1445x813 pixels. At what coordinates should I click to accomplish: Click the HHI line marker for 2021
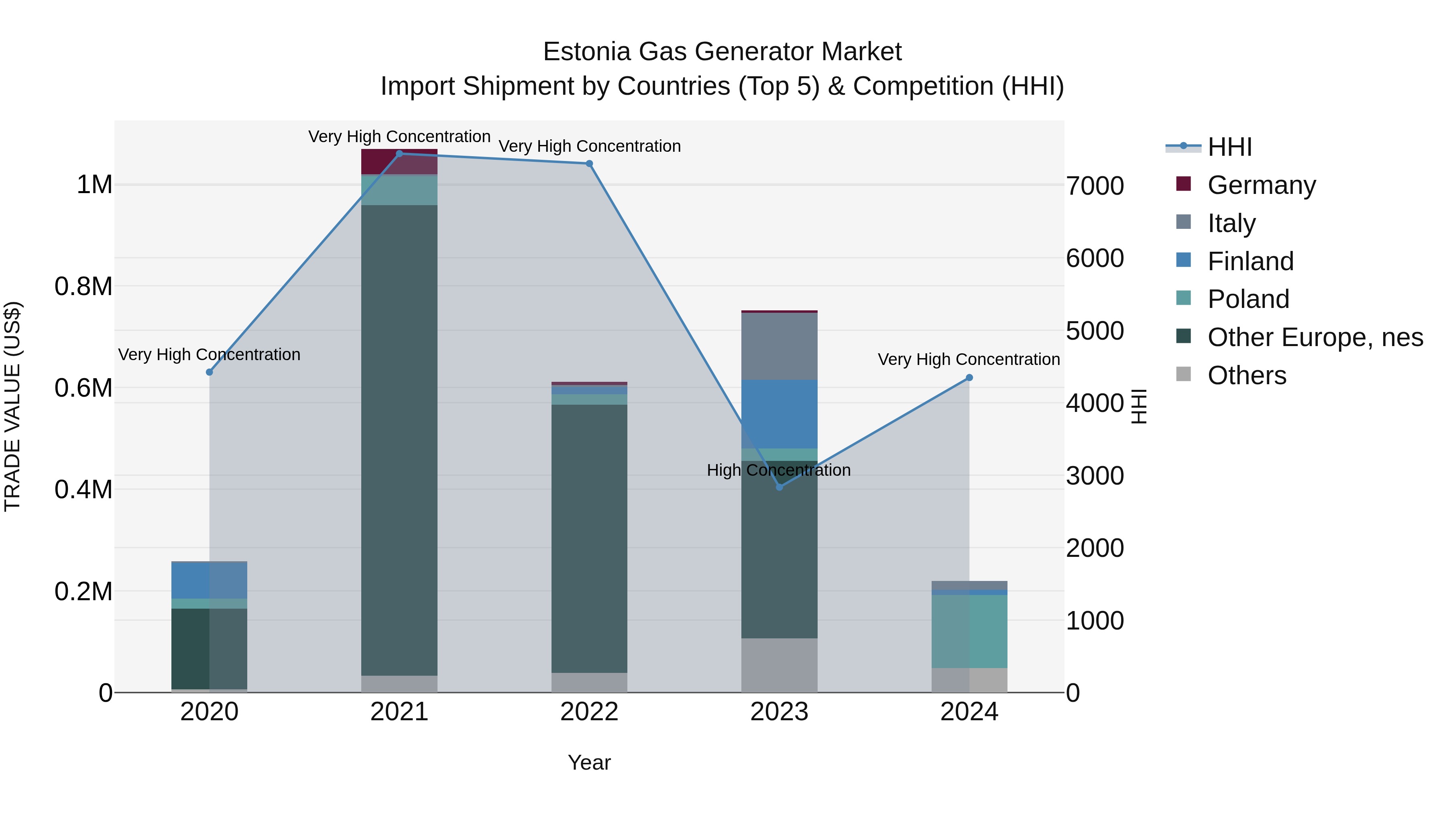coord(399,154)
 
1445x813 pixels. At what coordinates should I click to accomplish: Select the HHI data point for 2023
coord(779,487)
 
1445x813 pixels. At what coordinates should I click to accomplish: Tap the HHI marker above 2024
coord(969,378)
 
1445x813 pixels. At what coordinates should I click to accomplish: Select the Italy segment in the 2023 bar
coord(779,346)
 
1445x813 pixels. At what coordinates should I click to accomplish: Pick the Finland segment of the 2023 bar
coord(779,414)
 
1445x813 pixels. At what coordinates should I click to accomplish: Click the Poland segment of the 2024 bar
coord(969,631)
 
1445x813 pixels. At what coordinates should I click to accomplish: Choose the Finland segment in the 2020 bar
coord(209,580)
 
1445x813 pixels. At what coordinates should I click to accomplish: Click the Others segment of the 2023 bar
coord(779,665)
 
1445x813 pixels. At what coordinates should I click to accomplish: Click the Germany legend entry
coord(1262,185)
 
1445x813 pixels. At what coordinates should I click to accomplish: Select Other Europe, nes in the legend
coord(1315,337)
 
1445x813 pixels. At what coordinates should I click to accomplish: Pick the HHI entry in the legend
coord(1229,147)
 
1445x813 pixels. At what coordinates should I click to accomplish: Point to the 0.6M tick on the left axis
coord(83,388)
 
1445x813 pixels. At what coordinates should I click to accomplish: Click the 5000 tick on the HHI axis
coord(1095,331)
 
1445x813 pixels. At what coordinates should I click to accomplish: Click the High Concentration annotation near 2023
coord(779,470)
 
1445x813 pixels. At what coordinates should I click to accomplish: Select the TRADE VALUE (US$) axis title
coord(12,406)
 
